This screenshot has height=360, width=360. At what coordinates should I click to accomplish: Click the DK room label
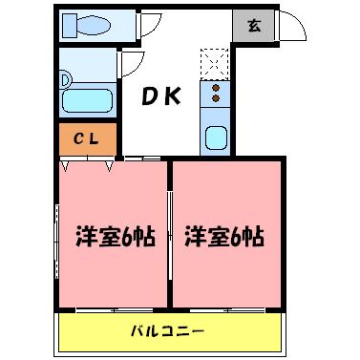click(164, 96)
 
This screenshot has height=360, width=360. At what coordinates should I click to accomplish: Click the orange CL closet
click(87, 139)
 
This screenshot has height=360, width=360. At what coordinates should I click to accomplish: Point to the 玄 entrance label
click(254, 26)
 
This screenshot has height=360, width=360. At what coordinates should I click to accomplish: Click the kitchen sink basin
click(216, 138)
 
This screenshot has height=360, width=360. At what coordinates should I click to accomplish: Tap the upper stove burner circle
click(216, 87)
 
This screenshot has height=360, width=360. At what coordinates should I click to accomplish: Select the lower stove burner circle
click(216, 97)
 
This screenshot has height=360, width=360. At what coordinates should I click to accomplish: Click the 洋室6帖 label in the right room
click(225, 236)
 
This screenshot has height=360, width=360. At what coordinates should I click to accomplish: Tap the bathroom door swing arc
click(132, 63)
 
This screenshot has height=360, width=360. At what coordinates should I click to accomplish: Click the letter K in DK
click(177, 96)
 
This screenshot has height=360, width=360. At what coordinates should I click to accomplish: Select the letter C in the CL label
click(80, 139)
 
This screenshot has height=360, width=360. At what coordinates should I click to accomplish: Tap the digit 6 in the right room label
click(237, 236)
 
